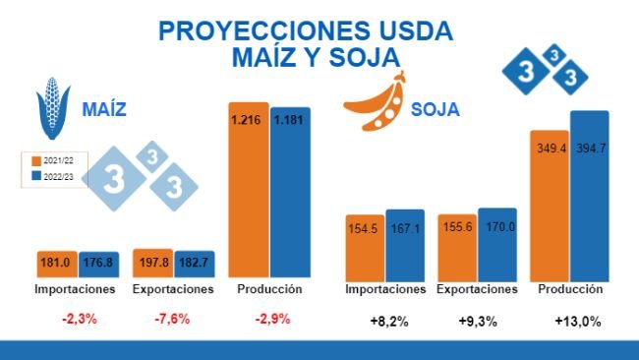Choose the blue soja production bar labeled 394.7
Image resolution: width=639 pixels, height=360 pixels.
pos(590,196)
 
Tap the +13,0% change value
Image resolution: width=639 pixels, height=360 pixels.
pos(577,322)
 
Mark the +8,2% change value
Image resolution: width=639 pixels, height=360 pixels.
pos(385,322)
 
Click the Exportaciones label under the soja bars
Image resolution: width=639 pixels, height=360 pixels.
pos(477,290)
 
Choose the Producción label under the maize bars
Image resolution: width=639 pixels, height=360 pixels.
pos(270,290)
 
